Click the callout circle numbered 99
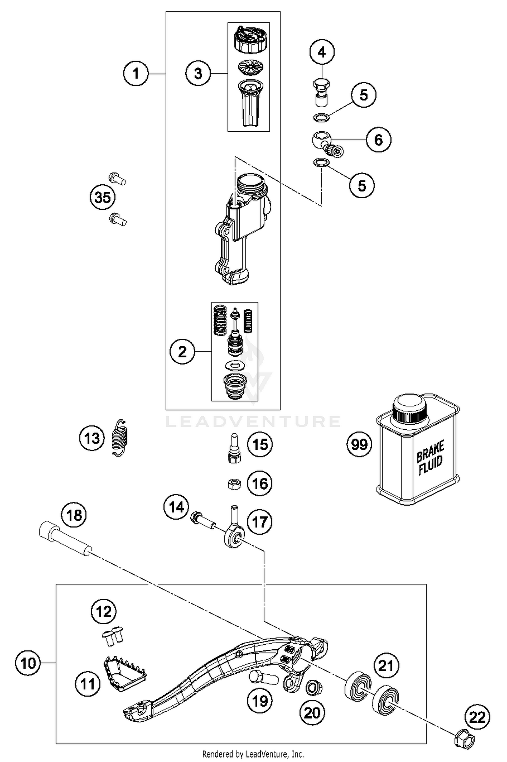click(359, 444)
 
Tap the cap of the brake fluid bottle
click(409, 407)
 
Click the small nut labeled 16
click(234, 484)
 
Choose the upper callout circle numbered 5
click(363, 95)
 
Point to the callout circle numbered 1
click(136, 73)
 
